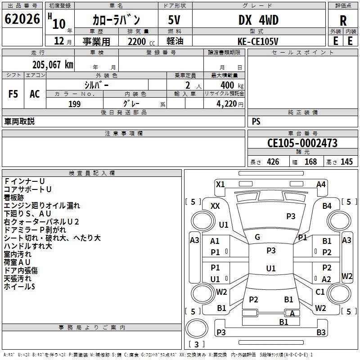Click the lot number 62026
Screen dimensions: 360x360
[x=22, y=19]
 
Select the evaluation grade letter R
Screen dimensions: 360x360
[x=343, y=21]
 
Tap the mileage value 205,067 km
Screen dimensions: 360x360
[x=53, y=65]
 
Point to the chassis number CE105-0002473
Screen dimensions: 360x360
[x=302, y=143]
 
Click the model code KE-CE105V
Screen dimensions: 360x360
[x=258, y=41]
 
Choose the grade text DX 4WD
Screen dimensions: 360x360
[x=258, y=20]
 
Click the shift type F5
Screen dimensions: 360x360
[x=13, y=94]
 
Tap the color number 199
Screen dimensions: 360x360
[x=74, y=104]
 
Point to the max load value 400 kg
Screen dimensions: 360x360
[x=232, y=85]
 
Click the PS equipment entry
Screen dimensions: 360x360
[x=256, y=121]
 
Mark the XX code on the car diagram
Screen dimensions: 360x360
[x=215, y=206]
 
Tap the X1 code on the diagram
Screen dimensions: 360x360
[x=220, y=184]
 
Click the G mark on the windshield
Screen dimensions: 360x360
[x=257, y=237]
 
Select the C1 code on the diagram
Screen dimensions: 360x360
[x=320, y=292]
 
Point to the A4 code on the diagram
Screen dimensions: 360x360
[x=321, y=184]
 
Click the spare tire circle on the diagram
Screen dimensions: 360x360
[x=197, y=328]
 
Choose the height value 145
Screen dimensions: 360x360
[x=346, y=162]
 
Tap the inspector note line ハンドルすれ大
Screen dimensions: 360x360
[x=28, y=246]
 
